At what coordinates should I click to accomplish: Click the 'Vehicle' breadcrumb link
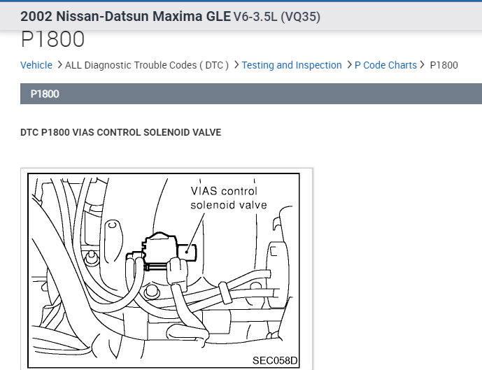[x=36, y=65]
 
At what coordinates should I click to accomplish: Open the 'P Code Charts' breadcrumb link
[x=385, y=65]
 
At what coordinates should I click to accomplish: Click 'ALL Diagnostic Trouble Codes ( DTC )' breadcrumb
[x=147, y=65]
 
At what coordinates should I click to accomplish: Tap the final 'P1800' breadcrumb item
[x=444, y=65]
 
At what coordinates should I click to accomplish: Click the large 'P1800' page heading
[x=53, y=40]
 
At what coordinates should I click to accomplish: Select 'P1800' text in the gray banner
[x=45, y=94]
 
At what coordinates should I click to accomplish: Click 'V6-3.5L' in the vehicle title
[x=255, y=16]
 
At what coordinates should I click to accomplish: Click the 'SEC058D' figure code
[x=274, y=361]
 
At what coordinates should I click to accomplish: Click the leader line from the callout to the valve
[x=197, y=227]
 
